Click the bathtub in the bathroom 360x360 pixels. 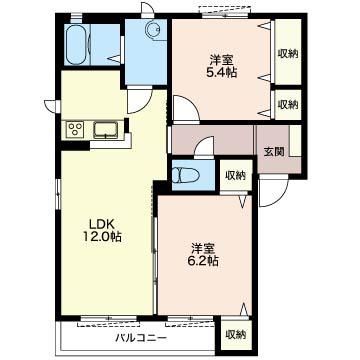coord(77,45)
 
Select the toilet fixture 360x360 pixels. coord(185,175)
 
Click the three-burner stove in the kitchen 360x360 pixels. coord(75,129)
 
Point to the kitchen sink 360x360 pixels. coord(105,130)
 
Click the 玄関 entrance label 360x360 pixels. coord(274,152)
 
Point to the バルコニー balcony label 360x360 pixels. coord(141,339)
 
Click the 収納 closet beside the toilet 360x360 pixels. coord(235,175)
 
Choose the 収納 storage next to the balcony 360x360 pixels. coord(235,335)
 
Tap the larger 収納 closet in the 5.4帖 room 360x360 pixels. coord(288,52)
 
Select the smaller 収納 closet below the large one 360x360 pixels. coord(288,105)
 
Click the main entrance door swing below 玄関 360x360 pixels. coord(273,193)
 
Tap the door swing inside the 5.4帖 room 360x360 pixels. coord(186,108)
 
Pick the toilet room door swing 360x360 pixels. coord(204,146)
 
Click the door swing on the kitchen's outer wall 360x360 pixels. coord(53,106)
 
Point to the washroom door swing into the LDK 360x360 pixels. coord(140,100)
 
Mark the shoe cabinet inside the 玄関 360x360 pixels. coord(295,141)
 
